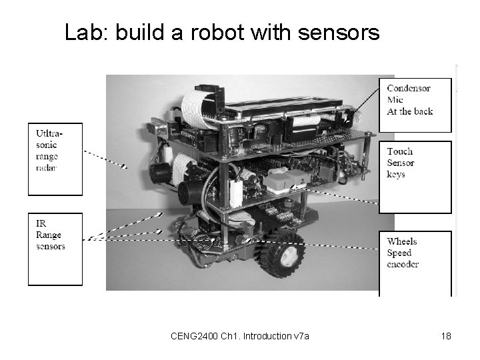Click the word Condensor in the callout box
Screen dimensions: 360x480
[408, 89]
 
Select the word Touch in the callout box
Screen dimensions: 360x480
[400, 151]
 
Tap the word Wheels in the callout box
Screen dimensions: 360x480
[402, 241]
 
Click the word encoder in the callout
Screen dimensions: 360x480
[403, 264]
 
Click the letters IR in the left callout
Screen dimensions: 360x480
[41, 223]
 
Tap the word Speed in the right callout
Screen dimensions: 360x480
[399, 253]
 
